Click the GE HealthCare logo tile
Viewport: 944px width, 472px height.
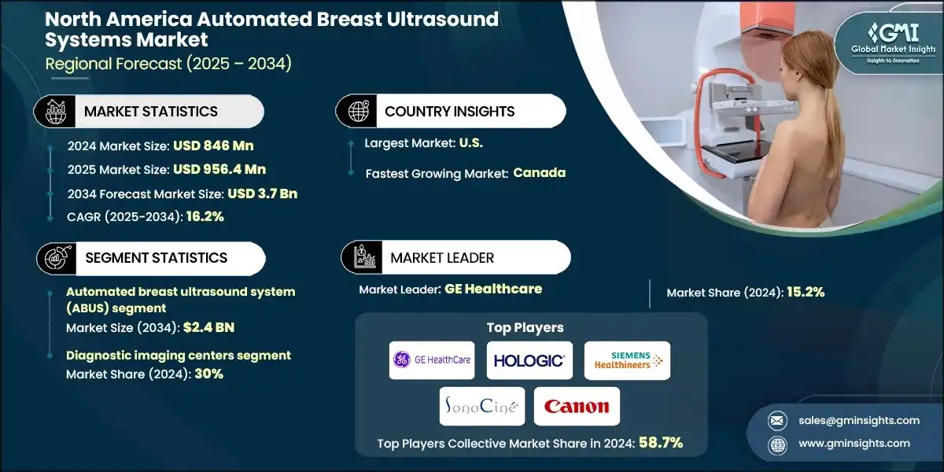click(x=432, y=360)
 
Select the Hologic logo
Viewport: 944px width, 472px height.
click(x=529, y=360)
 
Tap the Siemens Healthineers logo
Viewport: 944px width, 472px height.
click(x=627, y=360)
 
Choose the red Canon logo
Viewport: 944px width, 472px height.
click(x=577, y=407)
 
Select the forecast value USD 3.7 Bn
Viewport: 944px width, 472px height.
click(x=262, y=194)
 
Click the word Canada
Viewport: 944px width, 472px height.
click(x=540, y=173)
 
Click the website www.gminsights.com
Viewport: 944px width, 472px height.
click(x=854, y=444)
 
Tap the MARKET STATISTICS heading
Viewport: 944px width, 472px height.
click(x=151, y=111)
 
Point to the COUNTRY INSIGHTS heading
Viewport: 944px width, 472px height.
click(x=450, y=111)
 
